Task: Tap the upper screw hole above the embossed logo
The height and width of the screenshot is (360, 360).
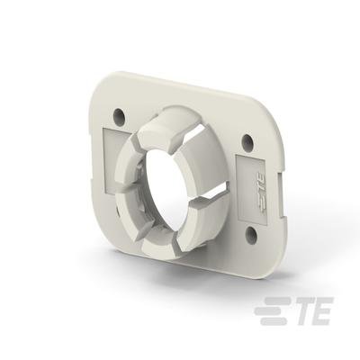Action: click(247, 140)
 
